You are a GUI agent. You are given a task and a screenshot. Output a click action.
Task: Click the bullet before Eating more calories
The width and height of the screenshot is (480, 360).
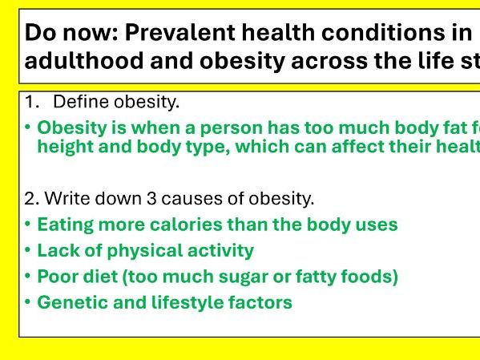tap(29, 224)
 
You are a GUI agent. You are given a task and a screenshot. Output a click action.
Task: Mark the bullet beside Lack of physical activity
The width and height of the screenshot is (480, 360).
tap(29, 250)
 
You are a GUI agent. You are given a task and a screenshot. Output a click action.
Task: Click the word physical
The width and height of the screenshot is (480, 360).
tap(131, 251)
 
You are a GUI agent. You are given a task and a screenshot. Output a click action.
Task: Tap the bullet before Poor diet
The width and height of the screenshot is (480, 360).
tap(29, 277)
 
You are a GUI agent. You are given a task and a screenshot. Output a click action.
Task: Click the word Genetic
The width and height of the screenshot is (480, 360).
tap(69, 303)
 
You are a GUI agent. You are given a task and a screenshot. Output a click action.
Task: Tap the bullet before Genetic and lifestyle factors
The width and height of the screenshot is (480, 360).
tap(29, 303)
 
